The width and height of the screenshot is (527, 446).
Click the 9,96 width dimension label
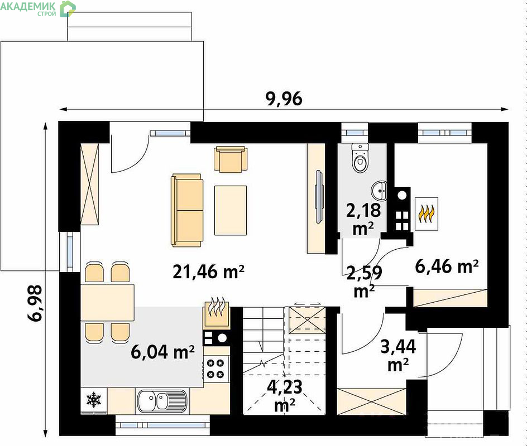[284, 99]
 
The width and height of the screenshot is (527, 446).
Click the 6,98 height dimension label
[35, 303]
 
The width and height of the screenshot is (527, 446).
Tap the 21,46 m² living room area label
[208, 272]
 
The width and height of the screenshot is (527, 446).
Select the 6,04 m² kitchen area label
[162, 352]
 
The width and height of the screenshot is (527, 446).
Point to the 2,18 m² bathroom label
[363, 219]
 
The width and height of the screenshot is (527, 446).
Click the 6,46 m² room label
[447, 266]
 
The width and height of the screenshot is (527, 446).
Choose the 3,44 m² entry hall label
[398, 355]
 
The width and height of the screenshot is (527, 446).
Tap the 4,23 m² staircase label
[285, 396]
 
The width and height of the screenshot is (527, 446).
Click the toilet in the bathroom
[360, 158]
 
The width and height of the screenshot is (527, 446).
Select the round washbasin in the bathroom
[379, 191]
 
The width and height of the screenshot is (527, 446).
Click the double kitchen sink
[162, 401]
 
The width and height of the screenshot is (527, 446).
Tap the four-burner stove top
[215, 369]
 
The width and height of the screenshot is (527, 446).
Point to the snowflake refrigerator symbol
[94, 399]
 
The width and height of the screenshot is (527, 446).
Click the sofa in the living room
[187, 210]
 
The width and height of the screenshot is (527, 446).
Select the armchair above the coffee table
[231, 159]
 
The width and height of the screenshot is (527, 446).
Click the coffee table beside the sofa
[231, 210]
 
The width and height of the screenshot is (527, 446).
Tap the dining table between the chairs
[108, 302]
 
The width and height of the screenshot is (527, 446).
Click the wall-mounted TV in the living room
[319, 197]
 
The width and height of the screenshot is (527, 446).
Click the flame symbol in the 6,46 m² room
[427, 214]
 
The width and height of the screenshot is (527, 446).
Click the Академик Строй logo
[38, 8]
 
